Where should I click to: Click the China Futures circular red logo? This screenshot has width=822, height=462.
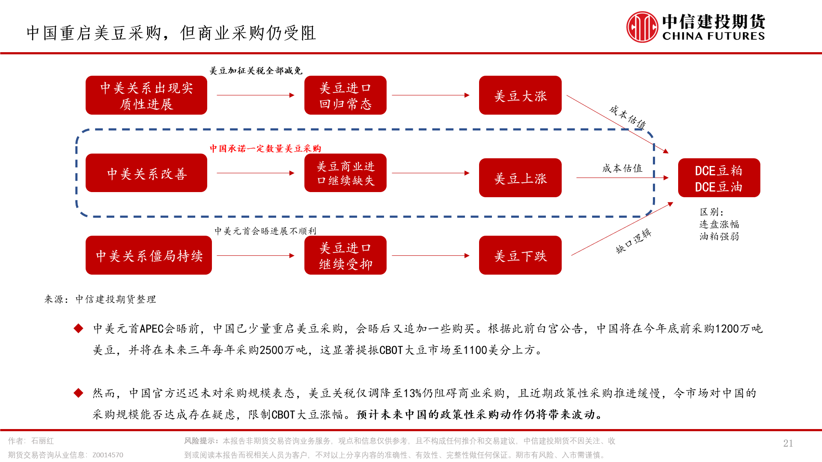pyautogui.click(x=642, y=27)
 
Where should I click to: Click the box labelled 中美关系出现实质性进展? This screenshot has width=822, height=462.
pyautogui.click(x=146, y=95)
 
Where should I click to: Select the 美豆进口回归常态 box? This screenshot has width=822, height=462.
pyautogui.click(x=345, y=95)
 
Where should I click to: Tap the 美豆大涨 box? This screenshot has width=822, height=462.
pyautogui.click(x=520, y=95)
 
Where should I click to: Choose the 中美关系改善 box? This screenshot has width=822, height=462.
pyautogui.click(x=146, y=173)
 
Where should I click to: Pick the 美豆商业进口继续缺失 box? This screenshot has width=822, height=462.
pyautogui.click(x=345, y=173)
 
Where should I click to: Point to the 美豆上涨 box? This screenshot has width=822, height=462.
pyautogui.click(x=520, y=178)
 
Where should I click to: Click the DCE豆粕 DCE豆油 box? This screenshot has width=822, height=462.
pyautogui.click(x=719, y=178)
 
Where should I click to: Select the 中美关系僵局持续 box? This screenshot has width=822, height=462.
pyautogui.click(x=149, y=255)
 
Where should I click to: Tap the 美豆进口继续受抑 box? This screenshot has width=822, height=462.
pyautogui.click(x=345, y=255)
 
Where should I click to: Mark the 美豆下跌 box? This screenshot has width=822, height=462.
pyautogui.click(x=520, y=255)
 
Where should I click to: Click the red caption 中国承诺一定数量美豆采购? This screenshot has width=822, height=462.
pyautogui.click(x=265, y=148)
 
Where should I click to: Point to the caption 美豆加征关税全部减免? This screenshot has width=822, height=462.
pyautogui.click(x=256, y=71)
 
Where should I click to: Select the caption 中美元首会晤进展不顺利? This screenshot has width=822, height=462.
pyautogui.click(x=265, y=231)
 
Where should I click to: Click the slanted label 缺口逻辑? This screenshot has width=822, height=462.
pyautogui.click(x=634, y=241)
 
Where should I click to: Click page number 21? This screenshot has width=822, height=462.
pyautogui.click(x=788, y=443)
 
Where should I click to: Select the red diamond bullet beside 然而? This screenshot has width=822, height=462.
pyautogui.click(x=78, y=393)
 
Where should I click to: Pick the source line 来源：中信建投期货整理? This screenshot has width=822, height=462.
pyautogui.click(x=100, y=299)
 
